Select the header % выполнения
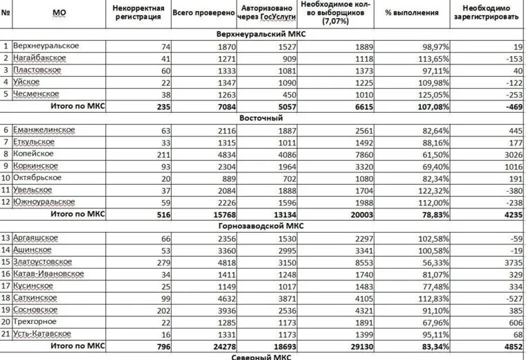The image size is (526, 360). [x=412, y=12]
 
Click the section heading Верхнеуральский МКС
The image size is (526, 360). [x=262, y=34]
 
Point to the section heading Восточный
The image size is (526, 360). [x=262, y=118]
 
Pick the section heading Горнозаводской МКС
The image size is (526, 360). [x=262, y=226]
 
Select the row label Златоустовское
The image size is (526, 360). [x=43, y=262]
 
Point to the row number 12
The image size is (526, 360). [x=6, y=201]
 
